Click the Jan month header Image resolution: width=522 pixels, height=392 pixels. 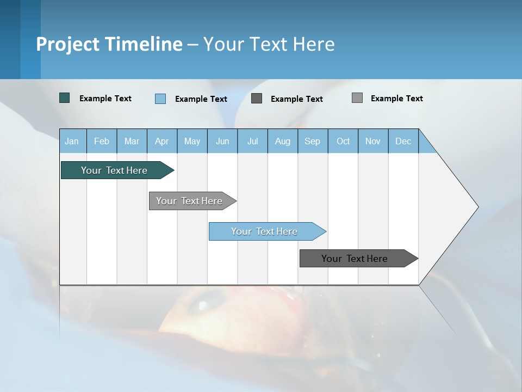point(72,142)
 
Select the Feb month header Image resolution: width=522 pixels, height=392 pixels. point(102,142)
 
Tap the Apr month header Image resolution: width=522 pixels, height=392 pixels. point(162,142)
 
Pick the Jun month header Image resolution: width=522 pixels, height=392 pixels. point(222,142)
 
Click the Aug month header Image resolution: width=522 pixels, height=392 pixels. point(283,142)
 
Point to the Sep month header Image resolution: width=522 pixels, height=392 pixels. point(313,142)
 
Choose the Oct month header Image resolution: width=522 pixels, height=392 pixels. point(343,142)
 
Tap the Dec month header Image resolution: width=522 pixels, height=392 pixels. point(403,142)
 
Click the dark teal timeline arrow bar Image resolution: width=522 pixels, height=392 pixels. point(114,170)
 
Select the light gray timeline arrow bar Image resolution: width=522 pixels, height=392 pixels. point(190,201)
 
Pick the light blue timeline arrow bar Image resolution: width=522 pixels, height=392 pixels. point(264,231)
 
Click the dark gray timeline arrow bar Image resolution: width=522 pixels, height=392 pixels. point(355,259)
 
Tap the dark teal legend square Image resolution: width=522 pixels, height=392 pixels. point(65,98)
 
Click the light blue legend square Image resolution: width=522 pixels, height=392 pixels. point(160,99)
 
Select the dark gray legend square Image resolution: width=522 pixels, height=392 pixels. point(257,98)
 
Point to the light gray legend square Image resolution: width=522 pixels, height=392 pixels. point(357,98)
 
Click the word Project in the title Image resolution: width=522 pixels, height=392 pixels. point(67,44)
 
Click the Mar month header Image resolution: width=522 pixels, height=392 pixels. point(132,142)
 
